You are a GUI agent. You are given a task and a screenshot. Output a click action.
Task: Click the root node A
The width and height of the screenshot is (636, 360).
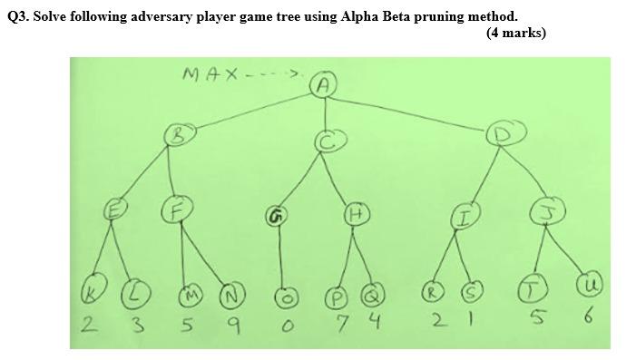325,85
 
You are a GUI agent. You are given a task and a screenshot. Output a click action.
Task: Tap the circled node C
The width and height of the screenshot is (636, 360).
328,141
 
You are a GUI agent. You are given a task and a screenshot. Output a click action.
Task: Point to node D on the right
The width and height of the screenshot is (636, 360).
500,135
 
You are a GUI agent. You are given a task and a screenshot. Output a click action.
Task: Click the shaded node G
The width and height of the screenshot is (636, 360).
275,216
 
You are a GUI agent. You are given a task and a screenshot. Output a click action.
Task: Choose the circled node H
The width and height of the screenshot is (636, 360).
355,214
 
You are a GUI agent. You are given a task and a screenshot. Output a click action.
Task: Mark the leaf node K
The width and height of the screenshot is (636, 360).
91,293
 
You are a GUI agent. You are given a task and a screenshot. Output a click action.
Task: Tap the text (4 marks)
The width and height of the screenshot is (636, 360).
515,33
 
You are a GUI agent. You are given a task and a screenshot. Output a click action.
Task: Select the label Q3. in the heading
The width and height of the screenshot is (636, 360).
17,15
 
